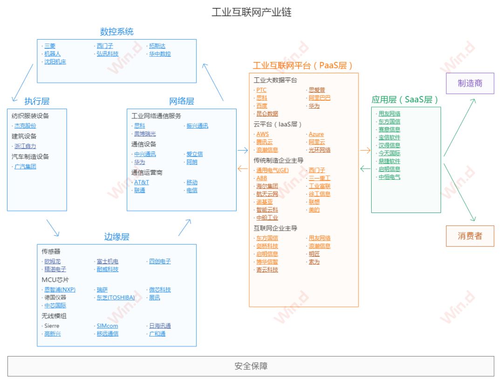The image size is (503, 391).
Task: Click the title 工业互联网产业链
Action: [251, 13]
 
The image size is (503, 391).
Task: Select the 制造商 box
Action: [469, 83]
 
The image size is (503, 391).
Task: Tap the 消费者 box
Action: [469, 236]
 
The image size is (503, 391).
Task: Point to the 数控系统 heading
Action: [116, 32]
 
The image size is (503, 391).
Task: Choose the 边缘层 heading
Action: [116, 237]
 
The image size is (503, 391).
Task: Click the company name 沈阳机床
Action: [55, 62]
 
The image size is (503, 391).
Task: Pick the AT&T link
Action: [142, 182]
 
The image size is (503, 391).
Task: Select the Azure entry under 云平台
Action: [316, 134]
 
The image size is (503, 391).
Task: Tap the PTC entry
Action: [261, 90]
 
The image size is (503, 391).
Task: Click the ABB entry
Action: [261, 178]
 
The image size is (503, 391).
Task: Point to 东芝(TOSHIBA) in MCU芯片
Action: [116, 297]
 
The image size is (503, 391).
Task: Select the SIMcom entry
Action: [107, 326]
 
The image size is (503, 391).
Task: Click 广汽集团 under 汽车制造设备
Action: [25, 166]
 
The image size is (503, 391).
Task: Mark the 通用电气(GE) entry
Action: [272, 170]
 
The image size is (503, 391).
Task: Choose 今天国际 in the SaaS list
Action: [389, 153]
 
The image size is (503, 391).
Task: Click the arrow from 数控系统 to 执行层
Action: [21, 82]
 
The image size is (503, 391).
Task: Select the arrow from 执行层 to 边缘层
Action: [53, 227]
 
